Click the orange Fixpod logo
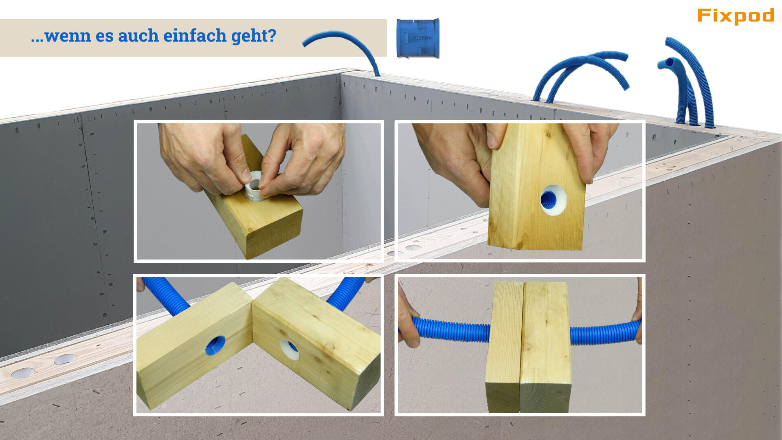coord(735,16)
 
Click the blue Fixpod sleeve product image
coord(418,38)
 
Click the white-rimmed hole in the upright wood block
coord(552,200)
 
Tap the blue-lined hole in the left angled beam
coord(215,345)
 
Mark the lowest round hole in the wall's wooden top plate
coord(22,373)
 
